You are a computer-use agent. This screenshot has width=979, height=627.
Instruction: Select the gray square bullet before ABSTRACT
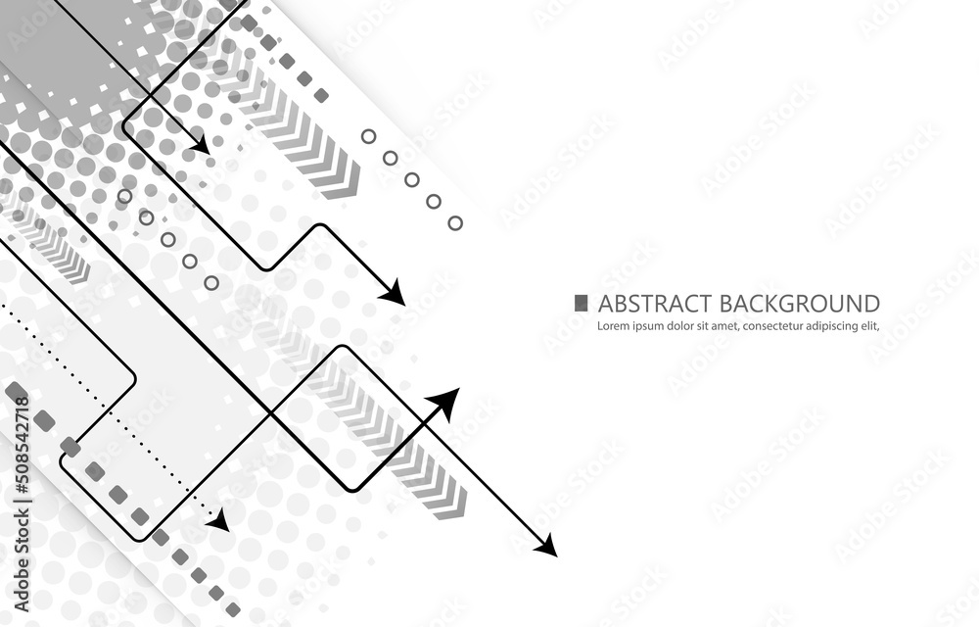[x=582, y=303]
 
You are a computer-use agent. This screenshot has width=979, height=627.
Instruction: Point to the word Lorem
[x=612, y=326]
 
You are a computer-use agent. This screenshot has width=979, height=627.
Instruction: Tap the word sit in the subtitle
[x=712, y=326]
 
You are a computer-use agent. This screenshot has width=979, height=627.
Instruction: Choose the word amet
[x=735, y=326]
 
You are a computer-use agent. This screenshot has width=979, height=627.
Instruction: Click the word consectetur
[x=788, y=326]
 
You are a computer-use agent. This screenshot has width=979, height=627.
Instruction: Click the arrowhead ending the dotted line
[x=219, y=520]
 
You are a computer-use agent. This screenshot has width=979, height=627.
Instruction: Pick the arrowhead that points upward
[x=445, y=401]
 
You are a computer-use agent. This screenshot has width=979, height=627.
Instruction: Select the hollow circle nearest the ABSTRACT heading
[x=455, y=223]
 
